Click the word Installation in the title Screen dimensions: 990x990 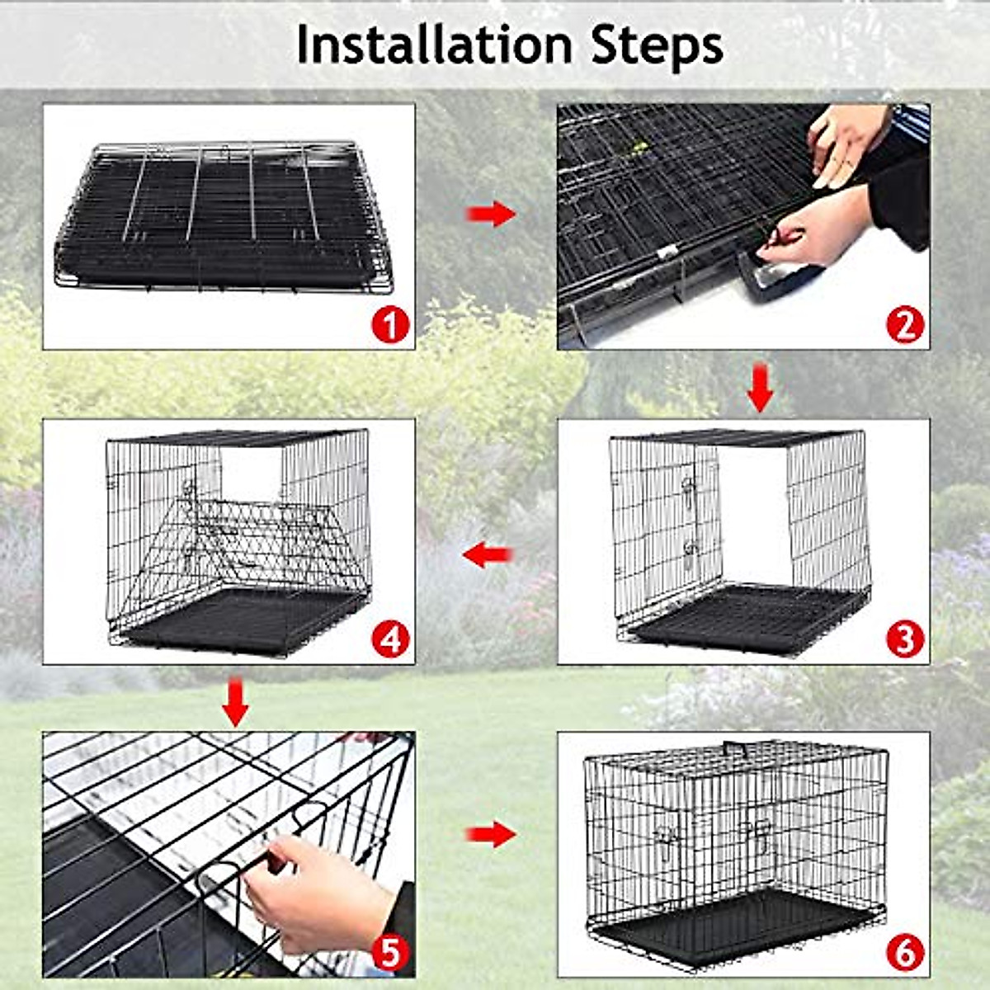click(x=434, y=45)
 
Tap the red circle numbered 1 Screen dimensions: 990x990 click(x=389, y=325)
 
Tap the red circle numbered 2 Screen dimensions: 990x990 click(x=905, y=325)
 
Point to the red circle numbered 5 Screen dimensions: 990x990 click(x=389, y=953)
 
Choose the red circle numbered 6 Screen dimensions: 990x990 click(x=905, y=953)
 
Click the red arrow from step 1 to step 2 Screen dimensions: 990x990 click(x=490, y=214)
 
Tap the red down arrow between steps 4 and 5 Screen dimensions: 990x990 click(x=236, y=701)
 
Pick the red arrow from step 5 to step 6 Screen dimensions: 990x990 click(x=490, y=834)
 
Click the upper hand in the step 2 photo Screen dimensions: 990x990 click(x=846, y=140)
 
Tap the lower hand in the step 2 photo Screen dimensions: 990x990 click(x=813, y=231)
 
